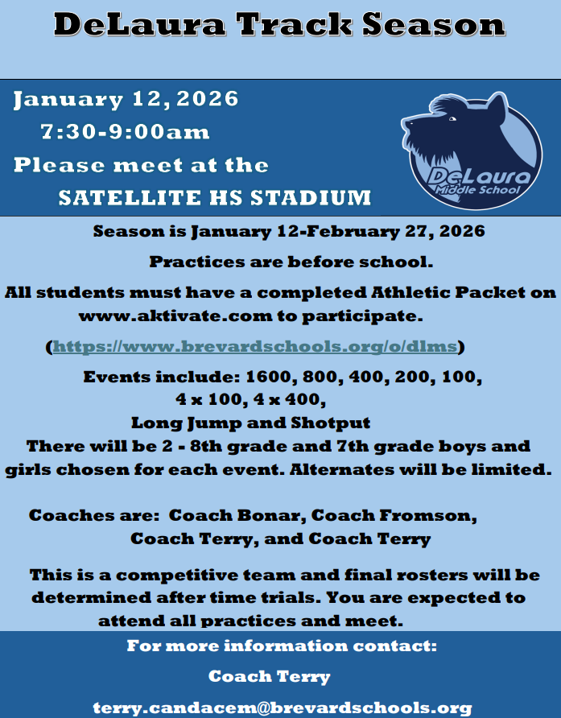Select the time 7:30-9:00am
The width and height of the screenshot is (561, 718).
pyautogui.click(x=125, y=131)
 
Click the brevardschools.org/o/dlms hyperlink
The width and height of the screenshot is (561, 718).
pyautogui.click(x=255, y=347)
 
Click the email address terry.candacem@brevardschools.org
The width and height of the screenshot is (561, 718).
pyautogui.click(x=282, y=708)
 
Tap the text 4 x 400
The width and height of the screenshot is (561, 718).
pyautogui.click(x=293, y=398)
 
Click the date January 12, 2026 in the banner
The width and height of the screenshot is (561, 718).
pyautogui.click(x=126, y=99)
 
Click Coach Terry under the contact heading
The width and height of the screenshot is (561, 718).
pyautogui.click(x=270, y=676)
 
